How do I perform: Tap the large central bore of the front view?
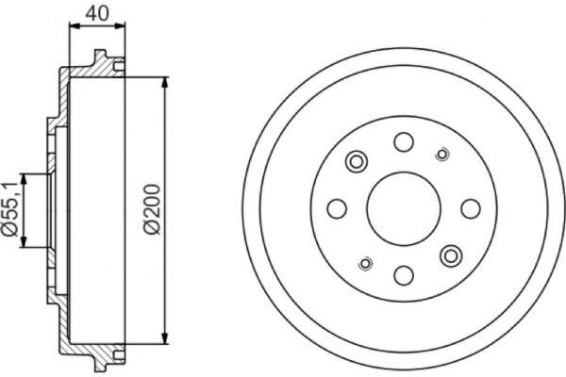coord(403,207)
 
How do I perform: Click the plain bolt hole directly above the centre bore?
coord(403,142)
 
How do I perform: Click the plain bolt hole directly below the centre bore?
coord(403,274)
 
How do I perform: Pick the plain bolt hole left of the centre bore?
coord(337,208)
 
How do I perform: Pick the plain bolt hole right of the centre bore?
coord(469,208)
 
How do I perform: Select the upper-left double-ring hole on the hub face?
coord(357,162)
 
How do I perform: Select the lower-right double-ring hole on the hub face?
coord(450,254)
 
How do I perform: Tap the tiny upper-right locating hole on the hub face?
coord(441,155)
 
